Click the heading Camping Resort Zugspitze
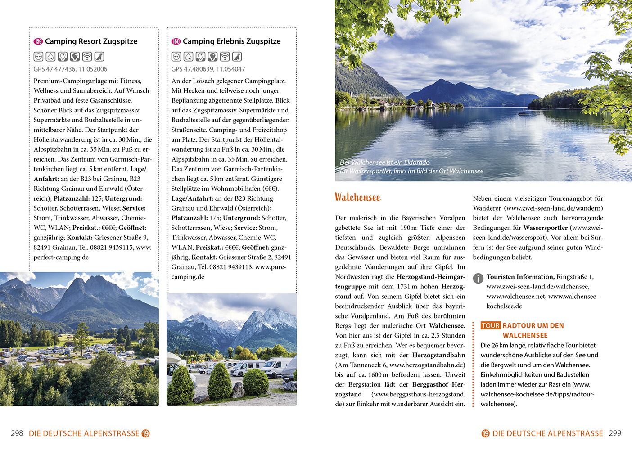coord(91,41)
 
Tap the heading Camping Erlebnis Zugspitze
coord(231,41)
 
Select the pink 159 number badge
coord(38,41)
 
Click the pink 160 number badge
coord(176,41)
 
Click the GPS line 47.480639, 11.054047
coord(208,69)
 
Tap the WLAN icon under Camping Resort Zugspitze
coord(87,57)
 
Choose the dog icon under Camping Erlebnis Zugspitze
coord(237,57)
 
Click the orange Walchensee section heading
coord(357,197)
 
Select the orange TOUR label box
coord(490,325)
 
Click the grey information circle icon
coord(478,279)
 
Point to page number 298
coord(17,433)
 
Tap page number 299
coord(615,433)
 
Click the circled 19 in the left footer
coord(145,433)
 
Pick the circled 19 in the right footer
coord(485,433)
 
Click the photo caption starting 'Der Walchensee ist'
coord(411,166)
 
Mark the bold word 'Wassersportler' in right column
coord(545,228)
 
